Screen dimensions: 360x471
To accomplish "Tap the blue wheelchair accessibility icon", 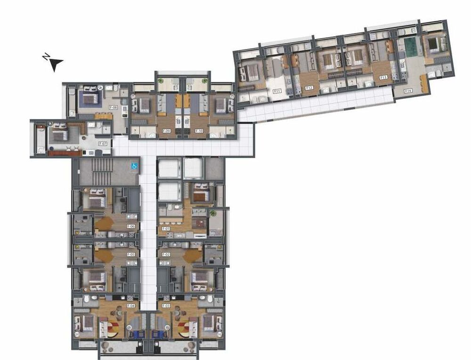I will (134, 166).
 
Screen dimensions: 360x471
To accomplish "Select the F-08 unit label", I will (113, 107).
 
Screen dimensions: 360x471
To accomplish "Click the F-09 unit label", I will (166, 131).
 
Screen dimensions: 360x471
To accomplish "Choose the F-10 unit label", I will (199, 131).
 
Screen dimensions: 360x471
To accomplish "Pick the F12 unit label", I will (309, 88).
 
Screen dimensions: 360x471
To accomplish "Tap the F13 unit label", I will (383, 77).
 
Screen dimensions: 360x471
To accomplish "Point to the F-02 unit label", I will (166, 255).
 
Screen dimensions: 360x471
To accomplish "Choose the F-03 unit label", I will (166, 306).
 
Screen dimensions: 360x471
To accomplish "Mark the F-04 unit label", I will (131, 306).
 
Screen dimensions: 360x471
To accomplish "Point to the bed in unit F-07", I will (59, 135).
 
